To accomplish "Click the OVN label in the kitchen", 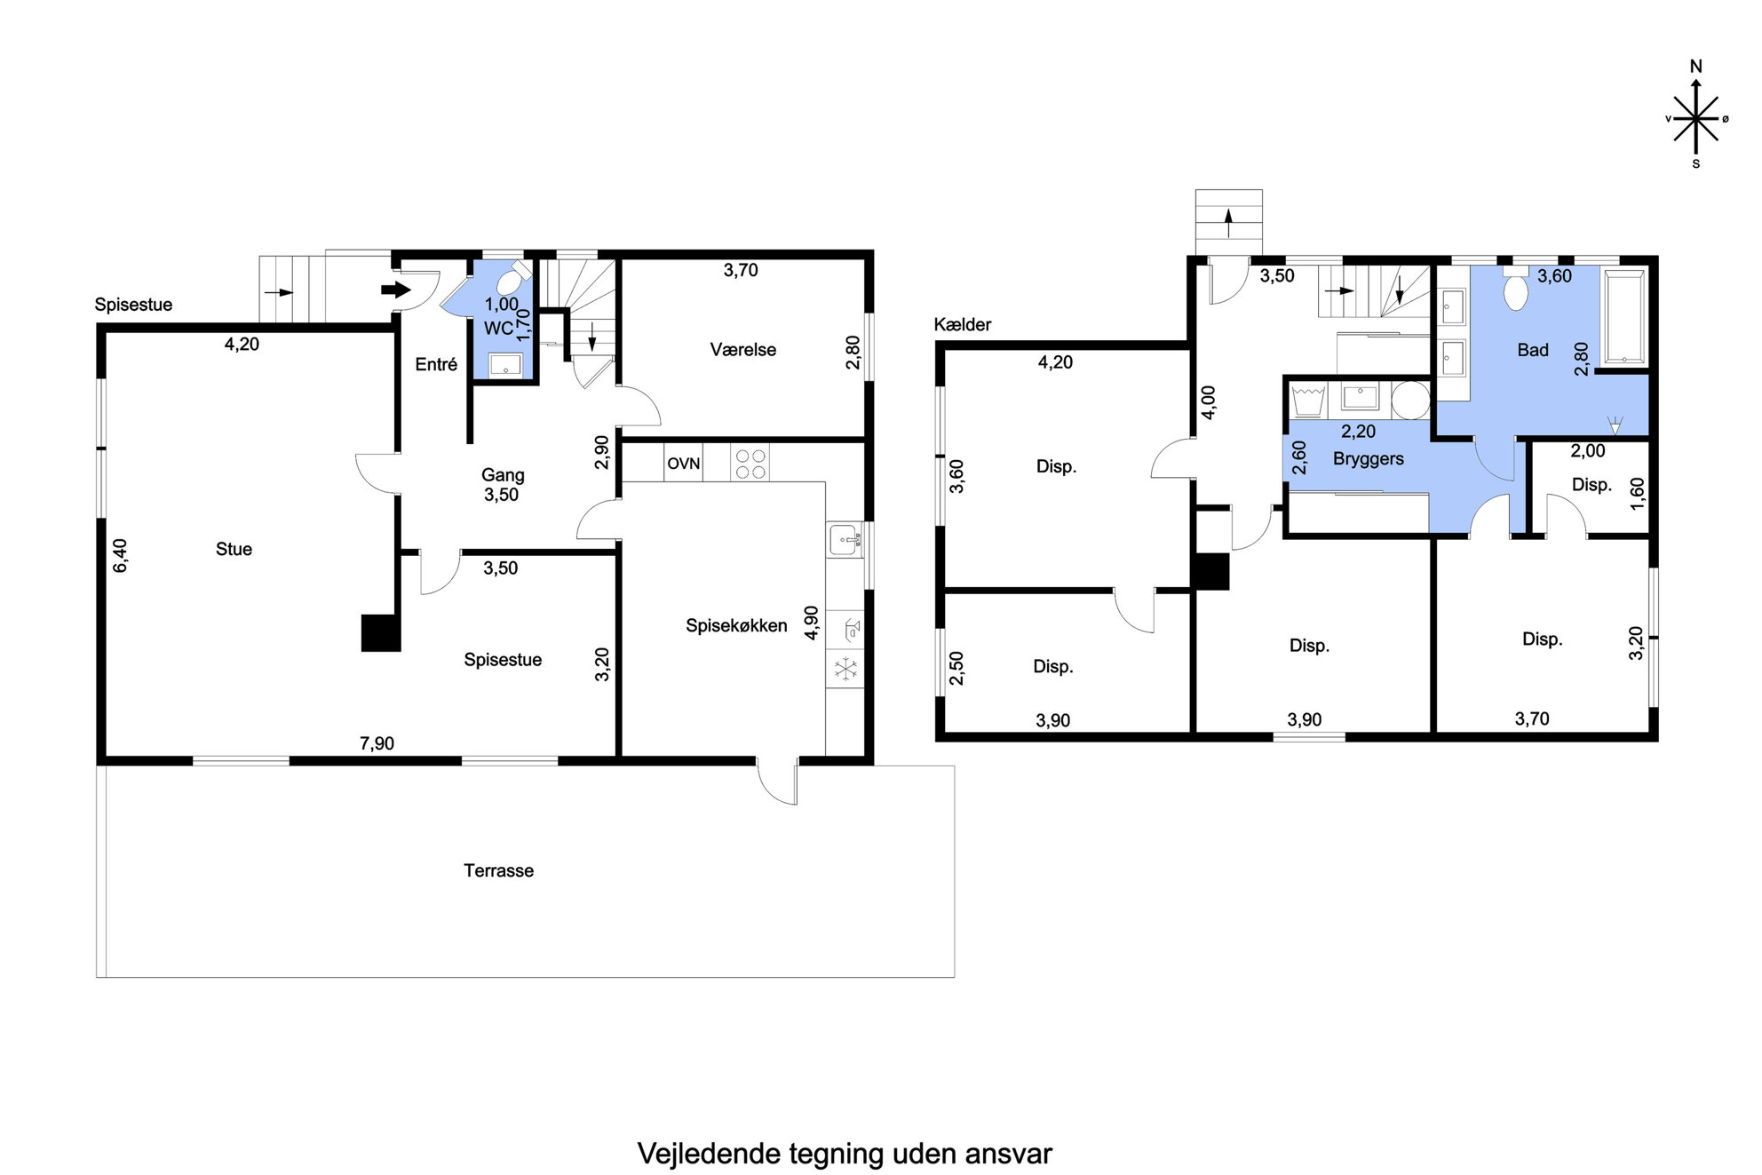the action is (684, 464).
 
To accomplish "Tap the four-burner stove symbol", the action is (750, 463).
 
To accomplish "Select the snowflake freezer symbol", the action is (845, 669).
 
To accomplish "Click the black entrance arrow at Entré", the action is (396, 290).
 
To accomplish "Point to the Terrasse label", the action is (498, 870).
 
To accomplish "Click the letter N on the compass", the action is (1695, 67).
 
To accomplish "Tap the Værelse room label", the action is (743, 350).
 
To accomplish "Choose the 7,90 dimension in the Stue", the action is (377, 743).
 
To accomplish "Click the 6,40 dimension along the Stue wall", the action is (120, 555).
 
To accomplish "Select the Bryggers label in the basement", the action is (1368, 459).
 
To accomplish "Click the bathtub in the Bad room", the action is (1624, 317).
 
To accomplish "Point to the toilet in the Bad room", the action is (1515, 290).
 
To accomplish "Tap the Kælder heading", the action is (962, 325).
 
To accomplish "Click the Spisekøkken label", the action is (736, 626).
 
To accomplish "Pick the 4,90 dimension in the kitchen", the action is (810, 623).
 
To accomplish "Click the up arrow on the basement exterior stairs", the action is (1229, 223).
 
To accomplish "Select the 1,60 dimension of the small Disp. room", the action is (1637, 494).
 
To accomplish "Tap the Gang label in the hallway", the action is (503, 475).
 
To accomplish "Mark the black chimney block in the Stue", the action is (381, 633).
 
